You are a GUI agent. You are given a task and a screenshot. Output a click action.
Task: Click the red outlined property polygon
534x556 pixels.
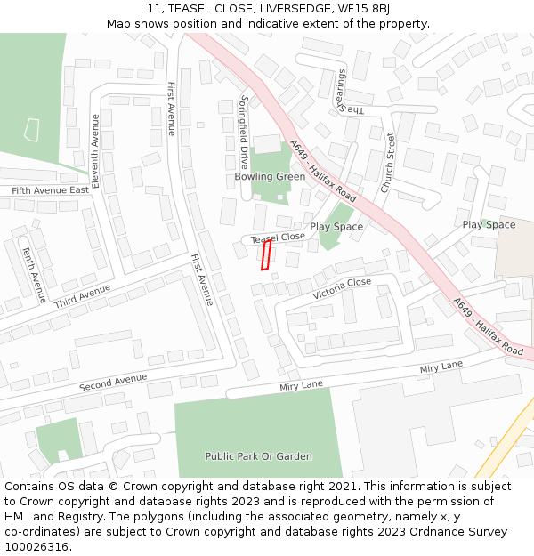pos(265,254)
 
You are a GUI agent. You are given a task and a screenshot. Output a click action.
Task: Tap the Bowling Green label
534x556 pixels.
pos(270,176)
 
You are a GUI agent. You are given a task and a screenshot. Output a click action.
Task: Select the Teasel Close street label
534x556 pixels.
pos(278,238)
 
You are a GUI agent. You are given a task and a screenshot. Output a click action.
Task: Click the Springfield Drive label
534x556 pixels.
pos(244,132)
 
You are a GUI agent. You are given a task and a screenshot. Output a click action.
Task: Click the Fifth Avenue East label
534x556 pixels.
pos(50,190)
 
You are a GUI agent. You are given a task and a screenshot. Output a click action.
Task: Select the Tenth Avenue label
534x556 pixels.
pos(34,274)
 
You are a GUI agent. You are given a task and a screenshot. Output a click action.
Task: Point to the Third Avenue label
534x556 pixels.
pos(82,297)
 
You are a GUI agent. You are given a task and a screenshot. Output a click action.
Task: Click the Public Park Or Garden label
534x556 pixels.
pos(258,456)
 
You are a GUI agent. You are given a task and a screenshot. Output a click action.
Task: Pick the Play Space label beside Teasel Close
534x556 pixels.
pos(336,227)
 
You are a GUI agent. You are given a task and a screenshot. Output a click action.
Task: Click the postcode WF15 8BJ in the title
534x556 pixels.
pos(369,8)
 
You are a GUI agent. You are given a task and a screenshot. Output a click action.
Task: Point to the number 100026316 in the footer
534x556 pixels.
pos(36,547)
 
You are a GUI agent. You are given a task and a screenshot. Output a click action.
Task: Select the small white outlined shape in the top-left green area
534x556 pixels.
pos(32,130)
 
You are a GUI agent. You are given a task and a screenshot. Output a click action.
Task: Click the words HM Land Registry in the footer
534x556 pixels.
pos(53,517)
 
